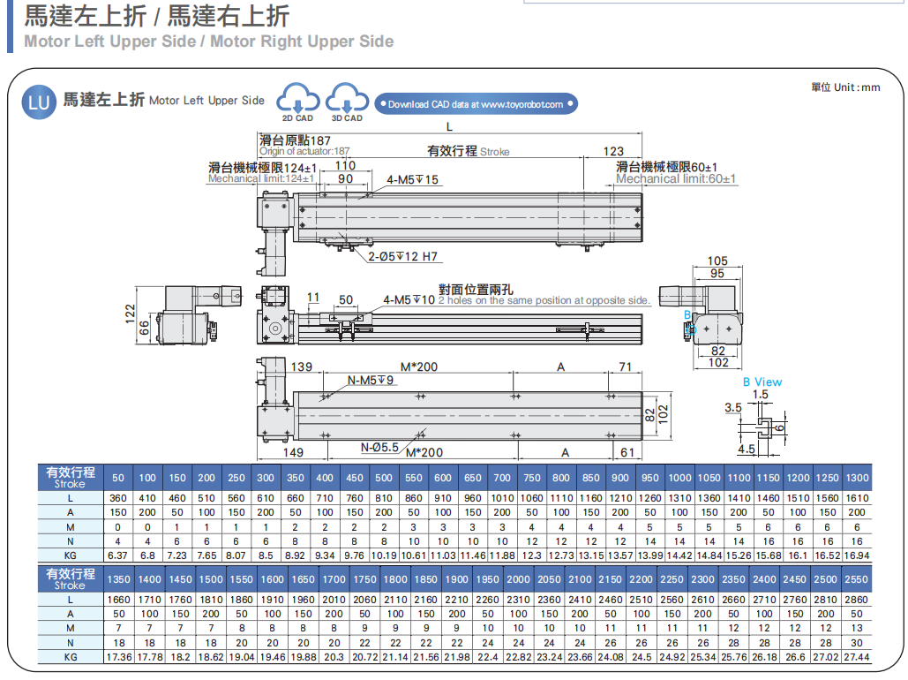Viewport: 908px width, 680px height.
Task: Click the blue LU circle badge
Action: [x=39, y=102]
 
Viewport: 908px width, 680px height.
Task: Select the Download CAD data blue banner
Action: [x=476, y=104]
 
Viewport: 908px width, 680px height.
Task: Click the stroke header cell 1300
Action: [x=857, y=478]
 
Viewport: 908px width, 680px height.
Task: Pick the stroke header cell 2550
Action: [x=857, y=580]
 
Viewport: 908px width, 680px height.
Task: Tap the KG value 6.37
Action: [x=117, y=555]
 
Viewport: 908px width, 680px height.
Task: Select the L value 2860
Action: [x=857, y=600]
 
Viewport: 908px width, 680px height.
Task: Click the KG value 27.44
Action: [x=857, y=657]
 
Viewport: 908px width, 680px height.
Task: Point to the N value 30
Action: [x=857, y=643]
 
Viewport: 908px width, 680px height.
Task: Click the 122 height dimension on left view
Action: [x=130, y=314]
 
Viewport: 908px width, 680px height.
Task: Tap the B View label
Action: [x=762, y=382]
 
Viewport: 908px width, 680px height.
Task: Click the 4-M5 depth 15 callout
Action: [x=412, y=180]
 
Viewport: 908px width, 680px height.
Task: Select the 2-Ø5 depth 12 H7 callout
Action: [x=404, y=257]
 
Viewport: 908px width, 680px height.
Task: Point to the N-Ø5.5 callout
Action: [x=379, y=447]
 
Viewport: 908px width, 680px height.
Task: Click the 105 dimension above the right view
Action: [x=717, y=261]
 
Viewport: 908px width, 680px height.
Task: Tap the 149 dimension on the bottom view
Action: [x=293, y=453]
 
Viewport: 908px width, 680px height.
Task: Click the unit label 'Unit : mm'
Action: [x=845, y=87]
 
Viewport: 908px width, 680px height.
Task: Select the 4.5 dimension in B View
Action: [x=746, y=449]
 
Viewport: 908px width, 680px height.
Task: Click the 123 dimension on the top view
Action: [x=613, y=151]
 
